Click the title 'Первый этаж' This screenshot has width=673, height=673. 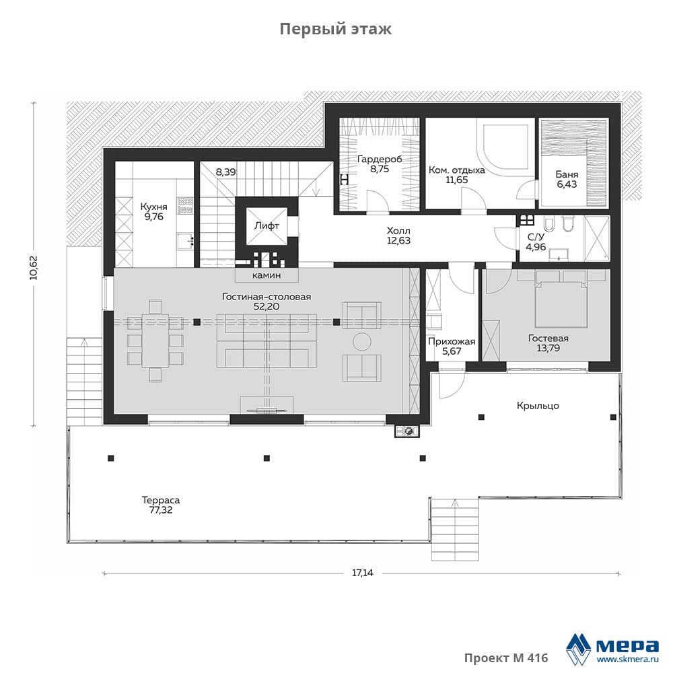336,29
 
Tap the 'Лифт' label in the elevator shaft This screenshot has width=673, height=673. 267,225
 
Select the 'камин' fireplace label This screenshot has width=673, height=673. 267,275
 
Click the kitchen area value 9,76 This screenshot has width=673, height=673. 154,217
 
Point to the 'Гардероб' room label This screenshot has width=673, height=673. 380,160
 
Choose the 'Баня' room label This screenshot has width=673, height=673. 567,174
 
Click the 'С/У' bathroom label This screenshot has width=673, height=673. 536,236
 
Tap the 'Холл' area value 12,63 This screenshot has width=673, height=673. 398,241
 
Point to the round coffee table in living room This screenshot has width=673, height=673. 362,342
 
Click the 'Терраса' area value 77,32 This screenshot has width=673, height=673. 161,510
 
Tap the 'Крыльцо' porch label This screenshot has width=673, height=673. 538,406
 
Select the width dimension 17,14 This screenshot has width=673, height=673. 363,573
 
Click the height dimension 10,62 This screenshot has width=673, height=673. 34,268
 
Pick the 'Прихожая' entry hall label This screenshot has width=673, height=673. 452,342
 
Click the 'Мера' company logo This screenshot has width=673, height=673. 612,647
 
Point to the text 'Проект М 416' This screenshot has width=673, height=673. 506,658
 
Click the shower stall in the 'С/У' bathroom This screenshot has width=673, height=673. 597,239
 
